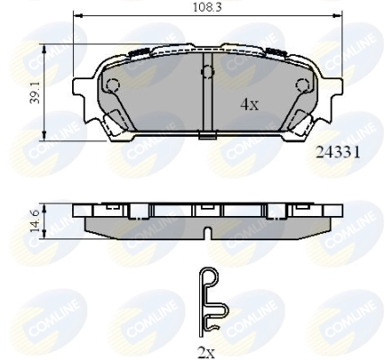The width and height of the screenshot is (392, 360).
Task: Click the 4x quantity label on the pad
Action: (249, 104)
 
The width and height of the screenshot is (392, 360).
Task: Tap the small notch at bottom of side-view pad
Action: (207, 234)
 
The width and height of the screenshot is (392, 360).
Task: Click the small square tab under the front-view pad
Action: (207, 136)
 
